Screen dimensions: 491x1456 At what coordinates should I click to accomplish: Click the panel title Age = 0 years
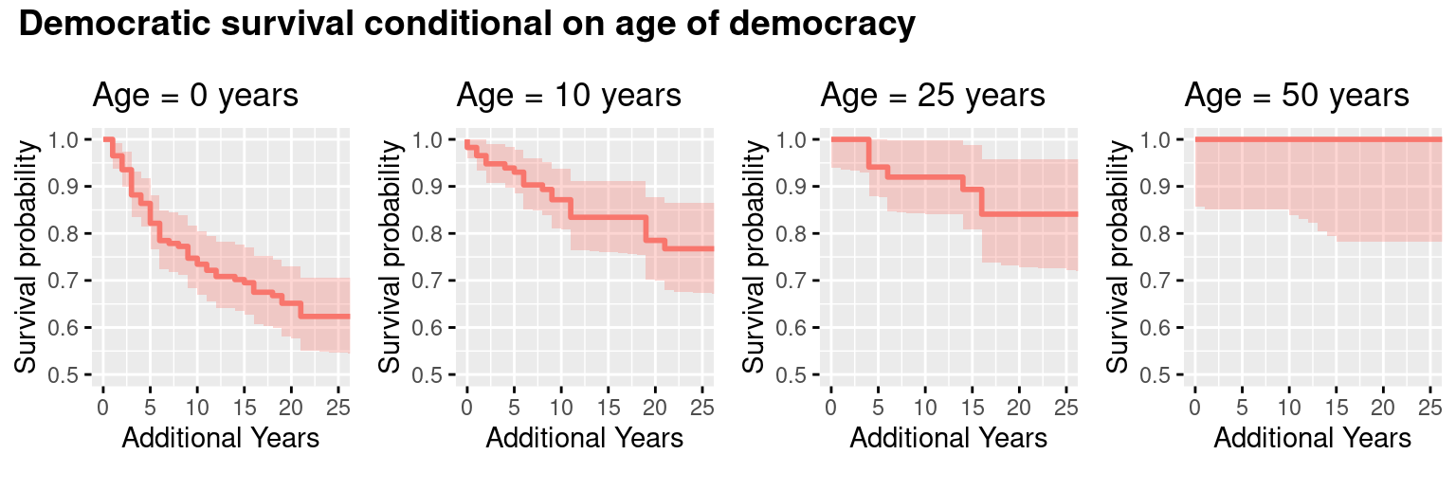[x=195, y=96]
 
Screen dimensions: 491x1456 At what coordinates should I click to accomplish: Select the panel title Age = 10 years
[x=569, y=96]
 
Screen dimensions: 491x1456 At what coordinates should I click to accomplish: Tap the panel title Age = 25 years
[x=933, y=96]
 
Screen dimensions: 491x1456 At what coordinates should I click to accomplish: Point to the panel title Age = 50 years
[x=1297, y=96]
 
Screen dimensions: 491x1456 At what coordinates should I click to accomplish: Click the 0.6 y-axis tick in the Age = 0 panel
[x=73, y=328]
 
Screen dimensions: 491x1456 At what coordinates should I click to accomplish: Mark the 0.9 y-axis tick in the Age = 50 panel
[x=1165, y=187]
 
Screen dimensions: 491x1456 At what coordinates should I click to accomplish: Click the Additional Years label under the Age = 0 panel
[x=220, y=438]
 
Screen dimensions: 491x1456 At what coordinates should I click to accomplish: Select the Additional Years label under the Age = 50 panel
[x=1312, y=438]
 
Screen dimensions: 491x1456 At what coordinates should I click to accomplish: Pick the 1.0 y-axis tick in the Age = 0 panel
[x=73, y=140]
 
